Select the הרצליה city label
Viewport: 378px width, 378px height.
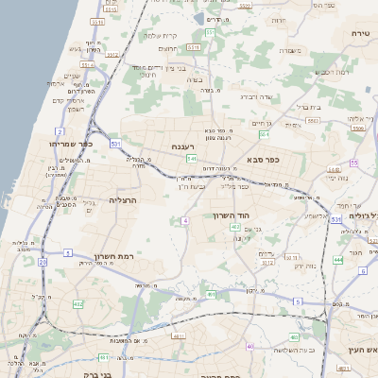pos(125,200)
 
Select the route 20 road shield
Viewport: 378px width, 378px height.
pos(43,261)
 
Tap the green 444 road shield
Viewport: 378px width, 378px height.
pos(338,258)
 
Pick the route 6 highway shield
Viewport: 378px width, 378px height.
pos(362,270)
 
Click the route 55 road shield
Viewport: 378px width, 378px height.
pos(353,163)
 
